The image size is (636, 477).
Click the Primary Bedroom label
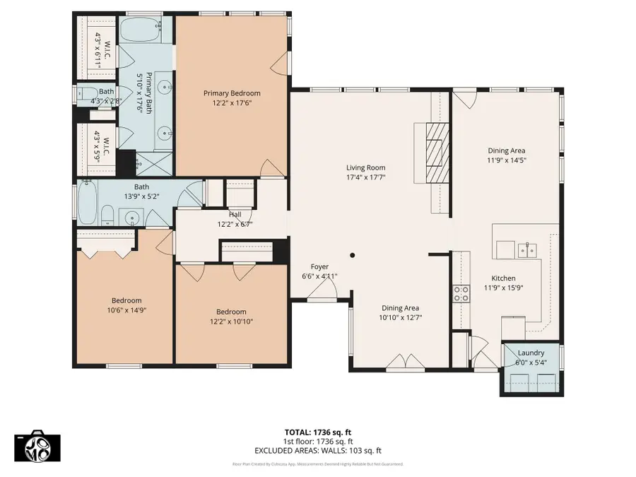click(x=232, y=93)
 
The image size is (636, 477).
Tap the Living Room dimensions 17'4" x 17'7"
click(x=365, y=177)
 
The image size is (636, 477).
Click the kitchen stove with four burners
click(x=461, y=293)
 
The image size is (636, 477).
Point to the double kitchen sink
click(x=526, y=249)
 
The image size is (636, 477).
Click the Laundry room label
click(x=531, y=353)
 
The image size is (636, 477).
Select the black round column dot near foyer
click(x=353, y=255)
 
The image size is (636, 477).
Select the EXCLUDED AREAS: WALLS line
click(x=318, y=450)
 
